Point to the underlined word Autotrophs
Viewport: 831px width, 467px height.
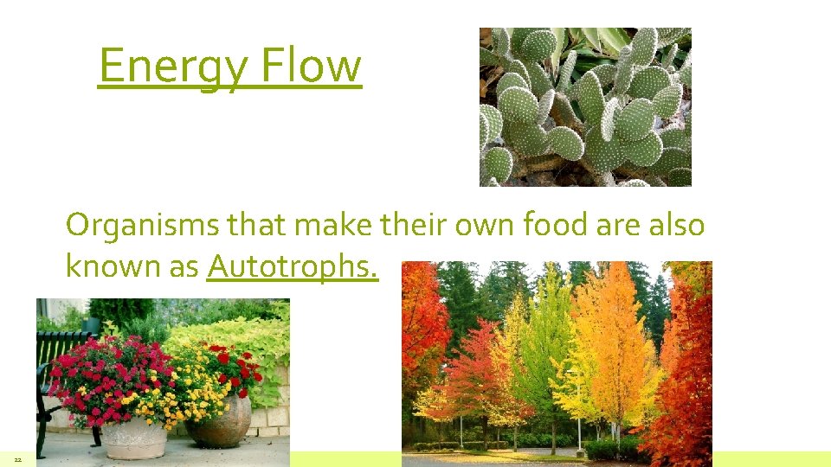click(293, 266)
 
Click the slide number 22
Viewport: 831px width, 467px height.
click(16, 459)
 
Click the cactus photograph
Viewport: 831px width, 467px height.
click(585, 106)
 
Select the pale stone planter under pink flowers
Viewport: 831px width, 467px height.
click(134, 437)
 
